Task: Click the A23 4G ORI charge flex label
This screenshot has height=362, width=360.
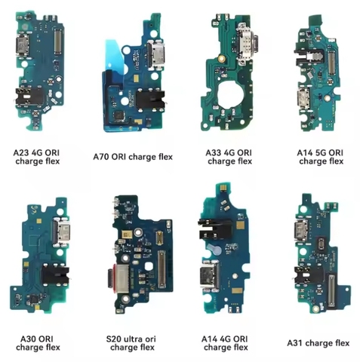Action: [x=37, y=157]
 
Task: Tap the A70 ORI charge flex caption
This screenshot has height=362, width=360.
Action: [x=133, y=157]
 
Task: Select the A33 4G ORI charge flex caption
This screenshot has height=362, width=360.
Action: [x=229, y=157]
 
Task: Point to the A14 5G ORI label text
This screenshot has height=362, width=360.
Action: [x=320, y=153]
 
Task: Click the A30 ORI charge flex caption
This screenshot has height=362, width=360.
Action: [x=38, y=343]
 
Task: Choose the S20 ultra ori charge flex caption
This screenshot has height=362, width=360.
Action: [x=131, y=343]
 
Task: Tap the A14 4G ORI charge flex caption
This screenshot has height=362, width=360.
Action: [x=225, y=343]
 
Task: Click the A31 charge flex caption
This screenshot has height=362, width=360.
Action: [x=318, y=343]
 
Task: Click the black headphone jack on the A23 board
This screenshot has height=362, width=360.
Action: [x=29, y=97]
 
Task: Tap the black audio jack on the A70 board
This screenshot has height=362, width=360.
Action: [x=150, y=100]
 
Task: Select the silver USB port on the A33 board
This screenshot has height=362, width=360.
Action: [x=245, y=44]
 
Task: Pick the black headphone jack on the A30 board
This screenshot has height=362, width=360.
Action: [x=55, y=276]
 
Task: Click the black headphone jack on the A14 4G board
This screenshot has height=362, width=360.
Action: [x=214, y=229]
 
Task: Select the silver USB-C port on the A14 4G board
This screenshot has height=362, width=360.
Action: [x=209, y=278]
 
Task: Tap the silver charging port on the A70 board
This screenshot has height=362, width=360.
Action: [x=156, y=55]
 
